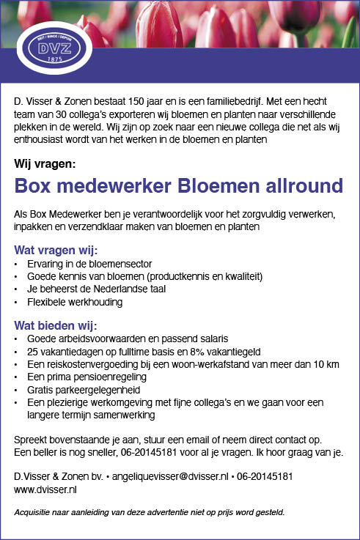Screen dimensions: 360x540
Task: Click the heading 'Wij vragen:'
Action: coord(45,163)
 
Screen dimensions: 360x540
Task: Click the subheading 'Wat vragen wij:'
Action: coord(56,251)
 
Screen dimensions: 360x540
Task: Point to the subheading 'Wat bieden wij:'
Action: coord(56,325)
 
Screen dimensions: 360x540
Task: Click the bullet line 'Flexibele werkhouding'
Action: coord(75,302)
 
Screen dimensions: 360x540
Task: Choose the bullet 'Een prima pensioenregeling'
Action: coord(87,377)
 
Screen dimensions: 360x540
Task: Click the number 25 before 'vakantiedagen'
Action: coord(33,352)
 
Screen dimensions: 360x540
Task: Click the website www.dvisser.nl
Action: coord(45,489)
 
